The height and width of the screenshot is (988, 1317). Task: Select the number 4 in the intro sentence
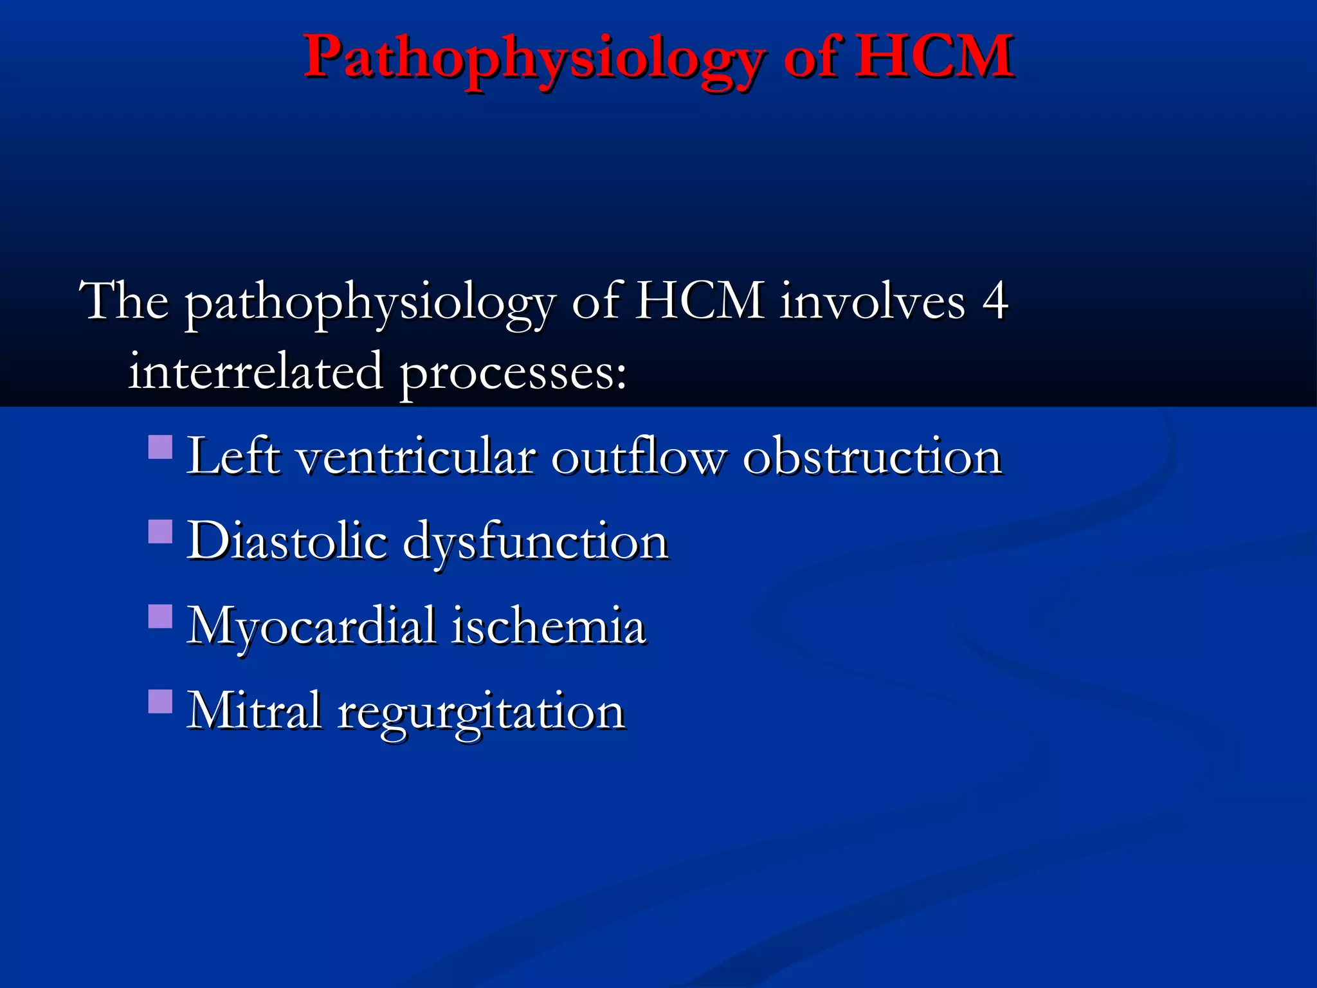[994, 301]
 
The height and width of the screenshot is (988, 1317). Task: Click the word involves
[872, 301]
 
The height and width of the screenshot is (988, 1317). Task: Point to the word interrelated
[255, 372]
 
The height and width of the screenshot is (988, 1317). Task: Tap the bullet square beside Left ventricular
[160, 447]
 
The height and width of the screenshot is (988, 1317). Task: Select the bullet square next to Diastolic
[160, 532]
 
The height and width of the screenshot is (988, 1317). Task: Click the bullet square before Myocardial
[160, 616]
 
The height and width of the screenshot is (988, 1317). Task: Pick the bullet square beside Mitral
[160, 702]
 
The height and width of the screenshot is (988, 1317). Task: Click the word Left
[233, 457]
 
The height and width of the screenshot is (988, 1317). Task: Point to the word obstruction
[872, 457]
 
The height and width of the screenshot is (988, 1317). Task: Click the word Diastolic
[287, 542]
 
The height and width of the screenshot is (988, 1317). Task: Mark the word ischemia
[548, 627]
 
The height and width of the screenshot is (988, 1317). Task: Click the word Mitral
[253, 711]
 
